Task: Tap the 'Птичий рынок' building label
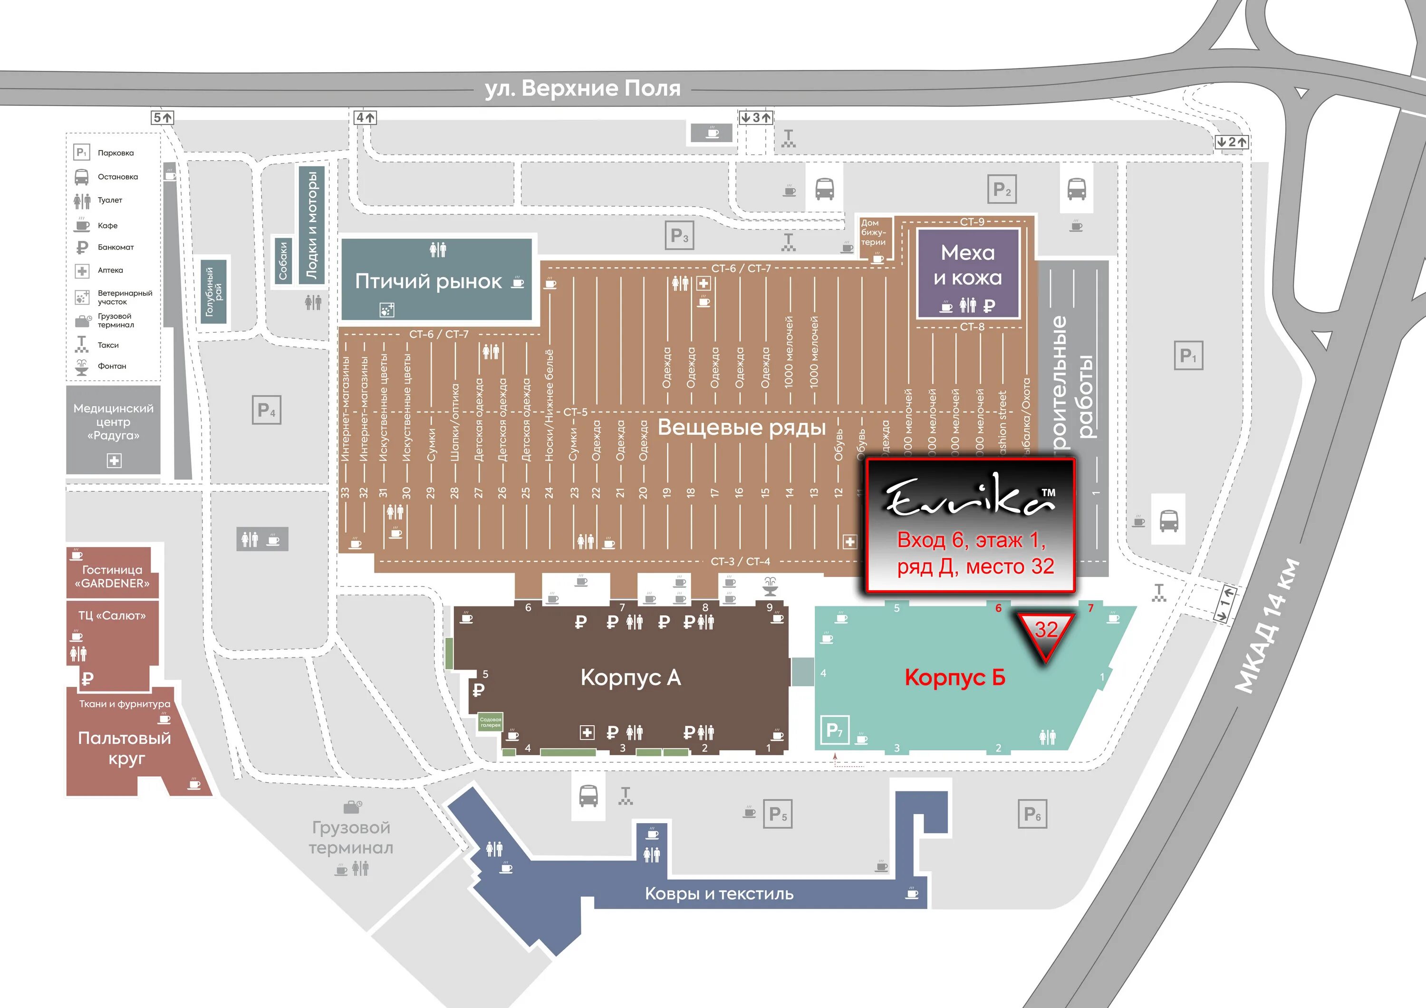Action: click(428, 281)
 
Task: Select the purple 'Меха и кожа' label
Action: click(968, 265)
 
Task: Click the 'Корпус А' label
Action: click(630, 677)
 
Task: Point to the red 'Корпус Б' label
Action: click(954, 677)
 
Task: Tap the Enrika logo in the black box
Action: click(970, 496)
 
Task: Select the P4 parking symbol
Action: click(267, 410)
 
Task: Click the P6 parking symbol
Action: click(1032, 814)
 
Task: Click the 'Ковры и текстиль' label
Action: click(719, 894)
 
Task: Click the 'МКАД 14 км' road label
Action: click(1268, 625)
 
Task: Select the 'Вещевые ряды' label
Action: click(742, 427)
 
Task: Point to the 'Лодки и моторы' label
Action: click(311, 224)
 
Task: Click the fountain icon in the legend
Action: click(81, 367)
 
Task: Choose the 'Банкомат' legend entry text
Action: click(116, 247)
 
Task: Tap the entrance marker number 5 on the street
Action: click(163, 117)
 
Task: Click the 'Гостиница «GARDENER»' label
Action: click(112, 576)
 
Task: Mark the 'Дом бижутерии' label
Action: click(873, 232)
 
